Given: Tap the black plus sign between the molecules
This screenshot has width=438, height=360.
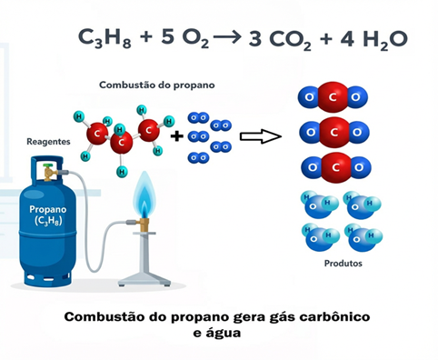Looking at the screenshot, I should point(176,136).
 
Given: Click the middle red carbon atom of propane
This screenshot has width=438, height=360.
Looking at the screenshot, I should point(122,143).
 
